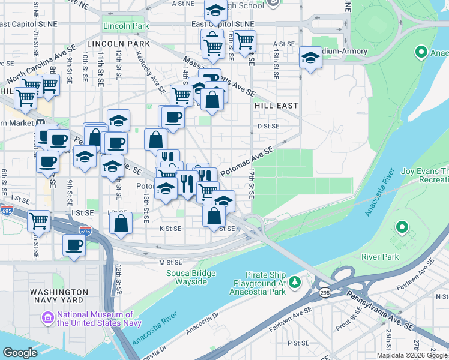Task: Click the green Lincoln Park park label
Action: (x=125, y=26)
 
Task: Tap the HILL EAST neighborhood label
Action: (x=276, y=105)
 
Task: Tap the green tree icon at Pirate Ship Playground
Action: (x=294, y=281)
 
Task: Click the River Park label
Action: (x=380, y=257)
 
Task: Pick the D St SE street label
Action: (x=268, y=126)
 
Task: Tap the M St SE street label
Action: (x=170, y=262)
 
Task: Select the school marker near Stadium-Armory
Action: (x=309, y=59)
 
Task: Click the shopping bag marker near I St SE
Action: (x=121, y=223)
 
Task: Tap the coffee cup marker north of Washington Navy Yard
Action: (x=74, y=245)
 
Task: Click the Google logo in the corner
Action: (x=20, y=353)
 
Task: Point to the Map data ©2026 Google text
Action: (x=412, y=355)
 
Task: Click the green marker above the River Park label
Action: (x=401, y=228)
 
